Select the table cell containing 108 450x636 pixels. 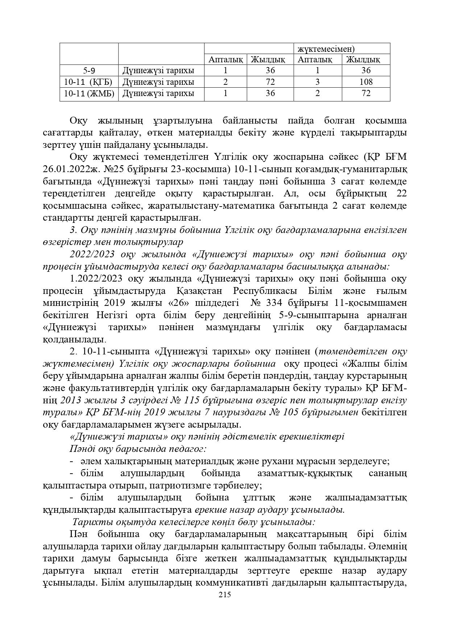tap(366, 82)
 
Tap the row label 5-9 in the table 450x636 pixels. tap(89, 70)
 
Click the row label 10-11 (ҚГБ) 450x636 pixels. tap(89, 82)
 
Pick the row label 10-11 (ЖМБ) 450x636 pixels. tap(89, 93)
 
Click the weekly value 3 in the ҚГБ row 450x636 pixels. tap(318, 82)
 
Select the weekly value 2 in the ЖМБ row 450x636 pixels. tap(318, 93)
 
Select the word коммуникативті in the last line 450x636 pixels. tap(262, 583)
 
